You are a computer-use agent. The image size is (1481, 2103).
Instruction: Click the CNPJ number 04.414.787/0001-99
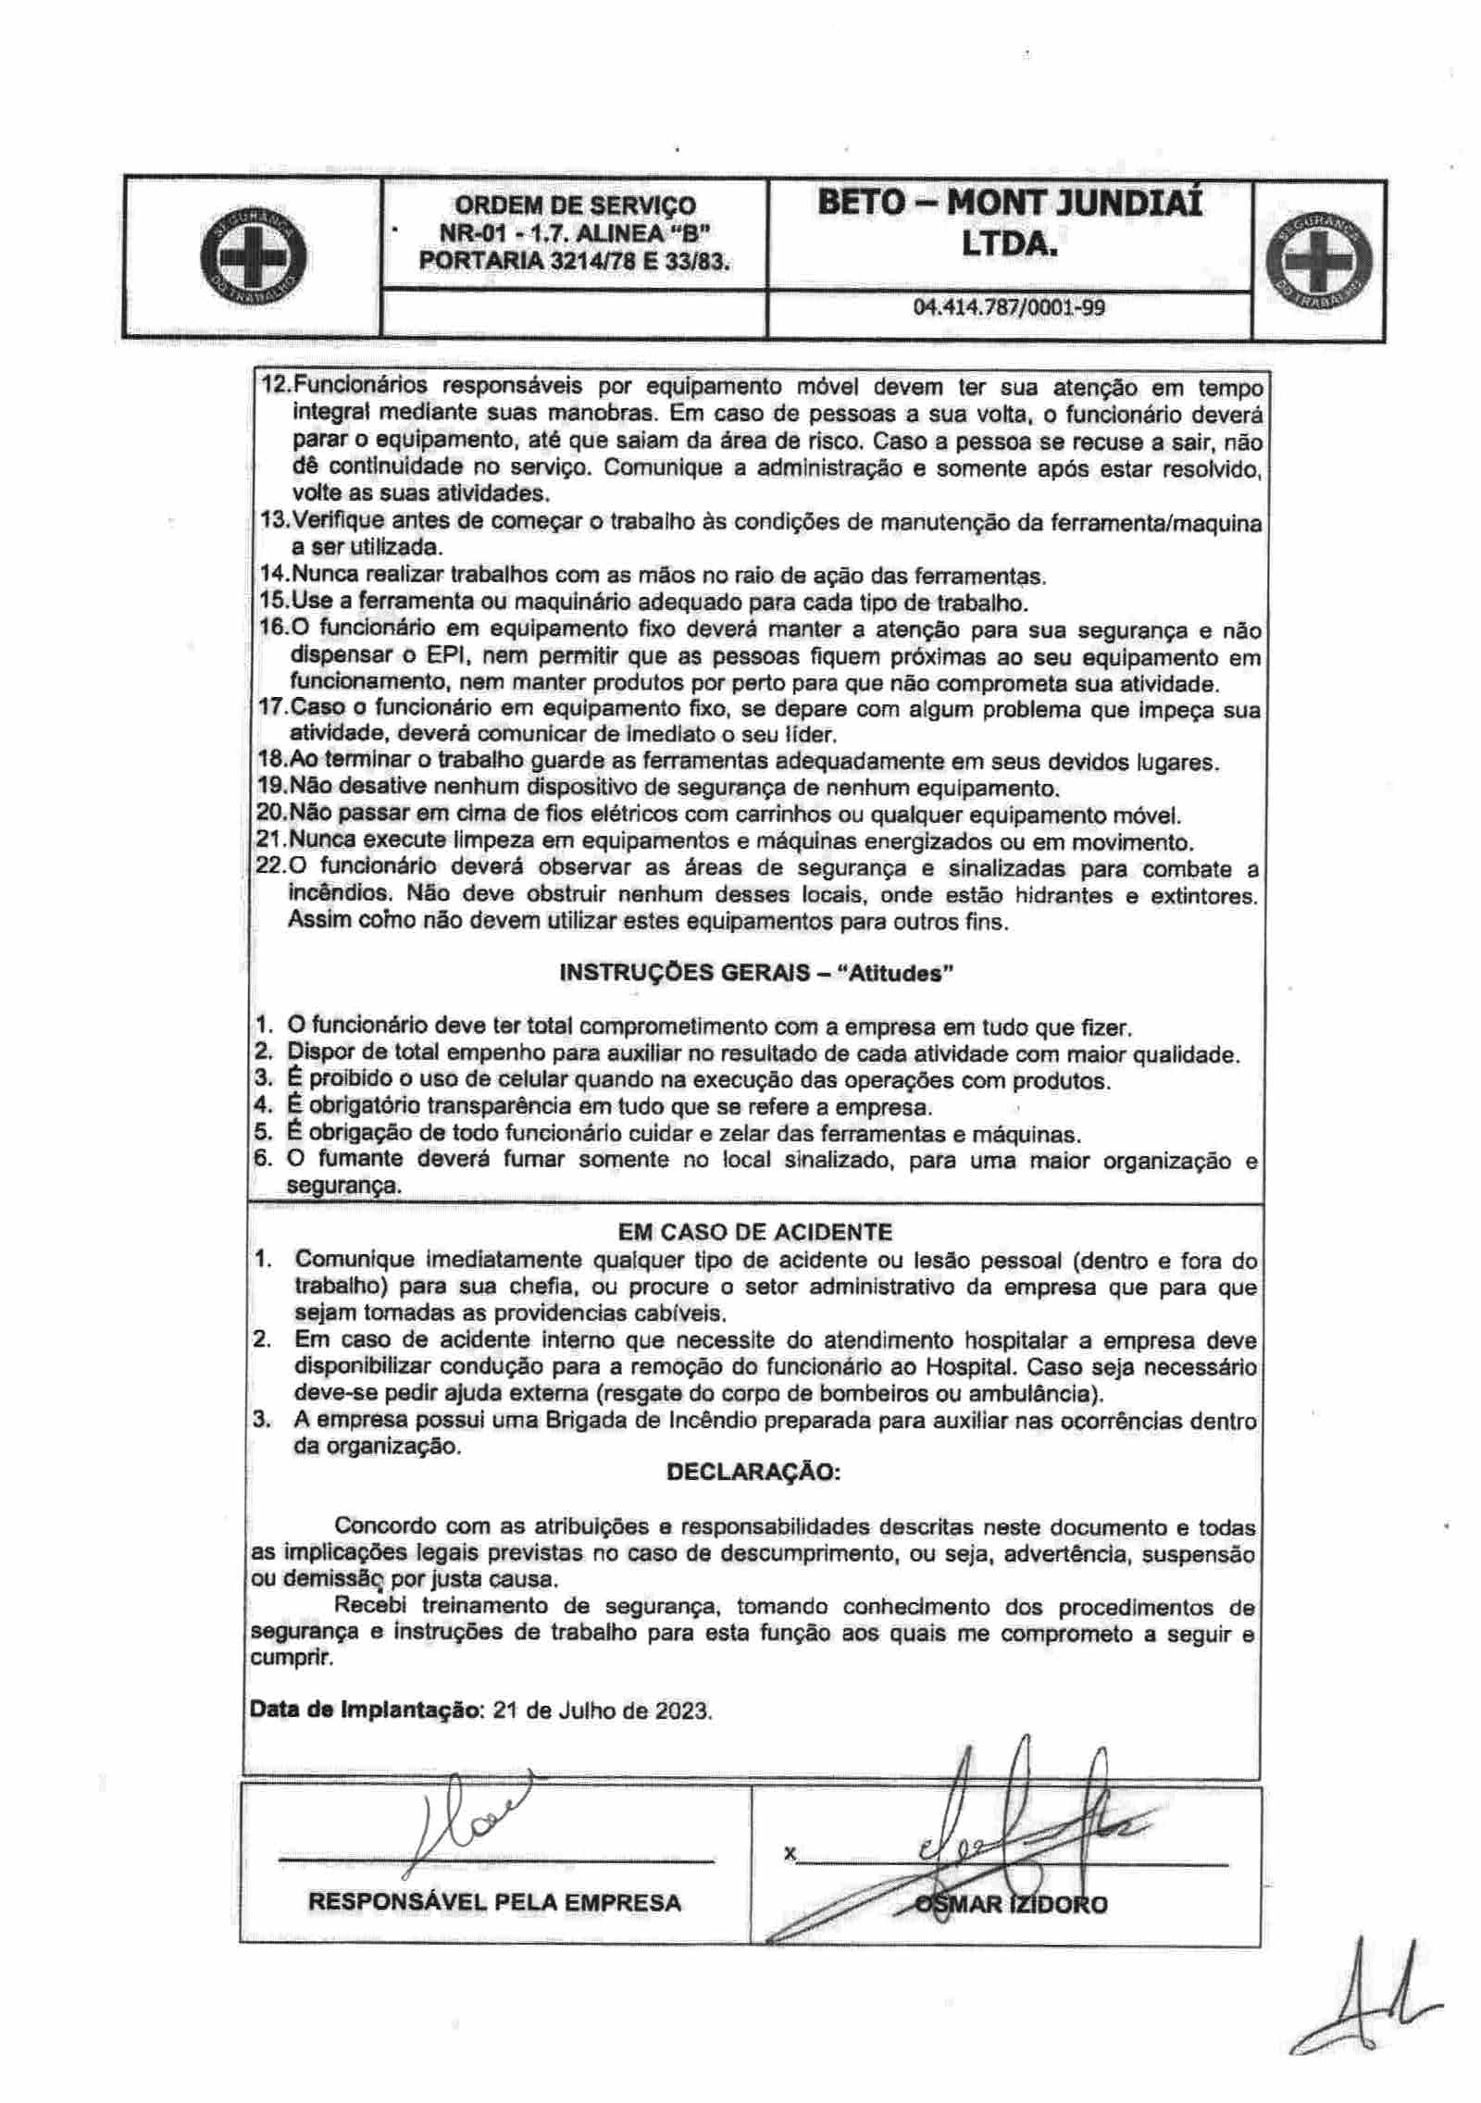click(x=1009, y=307)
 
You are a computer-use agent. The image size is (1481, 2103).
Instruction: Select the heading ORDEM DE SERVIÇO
click(x=575, y=205)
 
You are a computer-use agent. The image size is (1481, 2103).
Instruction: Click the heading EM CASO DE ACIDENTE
click(x=754, y=1232)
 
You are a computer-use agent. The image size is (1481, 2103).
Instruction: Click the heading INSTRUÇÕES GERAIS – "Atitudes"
click(x=756, y=973)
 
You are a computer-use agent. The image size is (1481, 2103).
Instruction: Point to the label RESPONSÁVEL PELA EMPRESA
click(x=495, y=1903)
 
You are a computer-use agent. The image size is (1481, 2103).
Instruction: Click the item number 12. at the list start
click(x=274, y=386)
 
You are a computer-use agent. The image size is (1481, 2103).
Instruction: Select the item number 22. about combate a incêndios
click(x=270, y=869)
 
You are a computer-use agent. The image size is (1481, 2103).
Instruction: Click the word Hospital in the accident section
click(x=970, y=1367)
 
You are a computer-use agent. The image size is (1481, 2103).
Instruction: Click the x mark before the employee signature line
click(x=789, y=1854)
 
